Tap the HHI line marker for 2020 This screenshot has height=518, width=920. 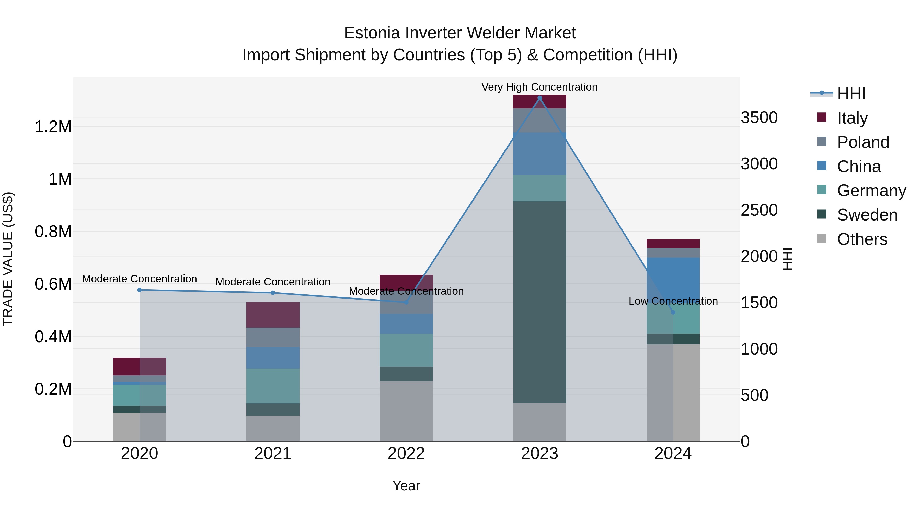[140, 290]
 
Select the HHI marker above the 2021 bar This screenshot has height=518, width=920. [273, 293]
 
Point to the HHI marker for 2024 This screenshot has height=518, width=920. [673, 312]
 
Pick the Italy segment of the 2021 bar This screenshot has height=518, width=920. [273, 315]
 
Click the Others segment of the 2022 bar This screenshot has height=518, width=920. [406, 411]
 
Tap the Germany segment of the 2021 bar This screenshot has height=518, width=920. [273, 386]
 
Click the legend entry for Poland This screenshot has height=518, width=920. [862, 142]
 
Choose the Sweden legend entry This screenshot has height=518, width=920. [867, 215]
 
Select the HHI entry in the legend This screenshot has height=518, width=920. [851, 94]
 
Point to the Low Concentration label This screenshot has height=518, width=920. [673, 301]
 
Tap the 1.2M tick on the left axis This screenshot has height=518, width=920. [53, 127]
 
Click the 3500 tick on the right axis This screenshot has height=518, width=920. [759, 118]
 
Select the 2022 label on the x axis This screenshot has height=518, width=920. [406, 454]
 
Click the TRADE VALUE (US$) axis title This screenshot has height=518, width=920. [8, 259]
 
